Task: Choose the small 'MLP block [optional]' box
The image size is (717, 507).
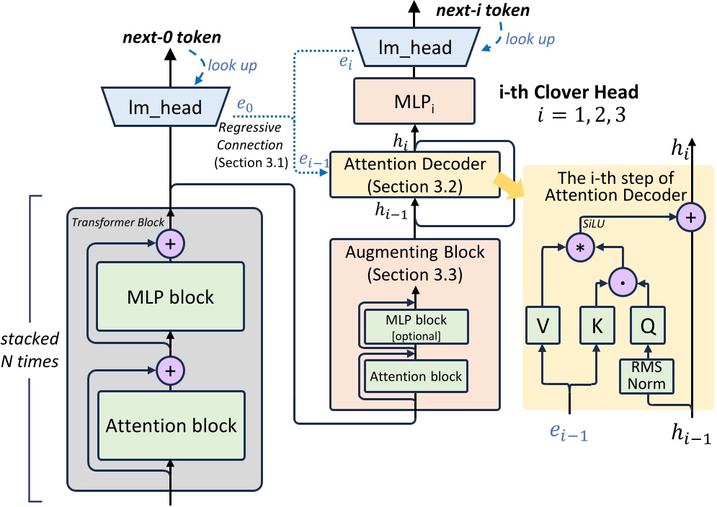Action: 416,326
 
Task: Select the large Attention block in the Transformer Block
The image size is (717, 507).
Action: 171,426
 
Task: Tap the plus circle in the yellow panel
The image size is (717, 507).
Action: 691,216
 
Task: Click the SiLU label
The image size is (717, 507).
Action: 594,224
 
